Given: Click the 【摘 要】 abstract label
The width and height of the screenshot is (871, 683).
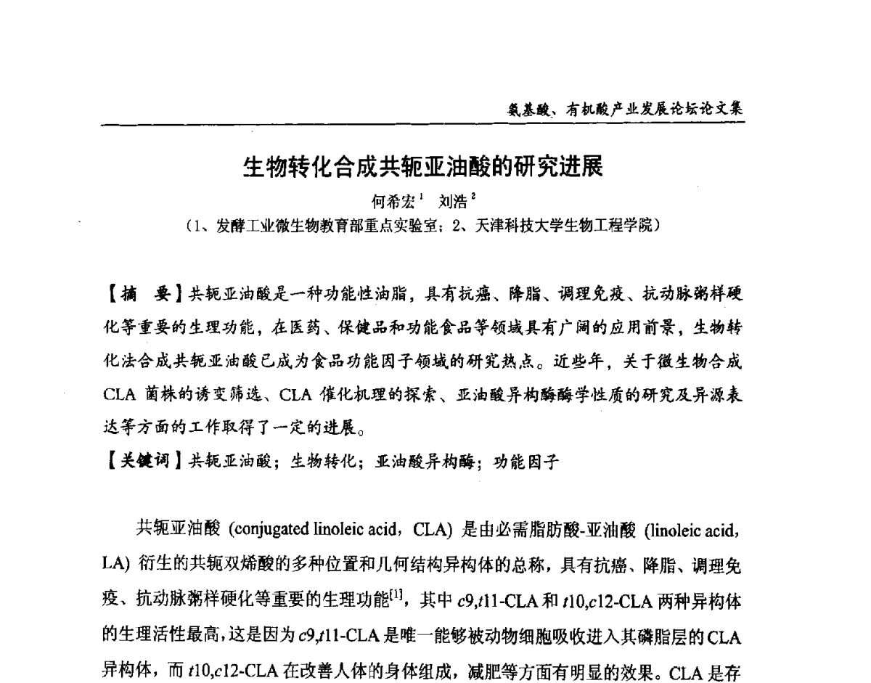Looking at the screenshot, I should point(142,294).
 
